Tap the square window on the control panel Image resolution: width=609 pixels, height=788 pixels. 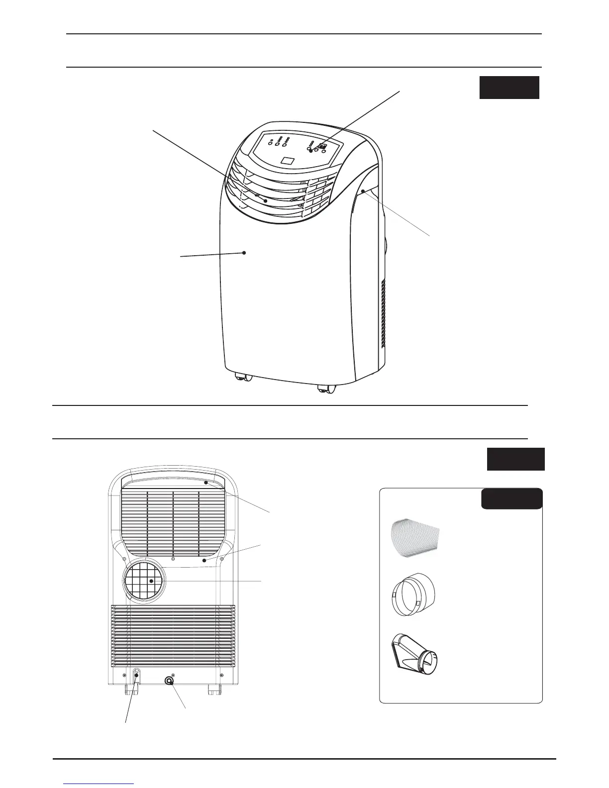(288, 161)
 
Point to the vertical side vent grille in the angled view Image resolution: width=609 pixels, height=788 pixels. (384, 313)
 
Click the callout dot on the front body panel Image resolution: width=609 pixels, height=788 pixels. (244, 253)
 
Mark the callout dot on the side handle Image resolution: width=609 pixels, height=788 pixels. (364, 191)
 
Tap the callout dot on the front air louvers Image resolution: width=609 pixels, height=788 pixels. (265, 201)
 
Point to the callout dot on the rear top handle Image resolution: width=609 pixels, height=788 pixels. (205, 482)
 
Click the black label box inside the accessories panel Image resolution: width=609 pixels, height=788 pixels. (511, 498)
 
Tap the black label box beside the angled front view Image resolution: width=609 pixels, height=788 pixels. (509, 88)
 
